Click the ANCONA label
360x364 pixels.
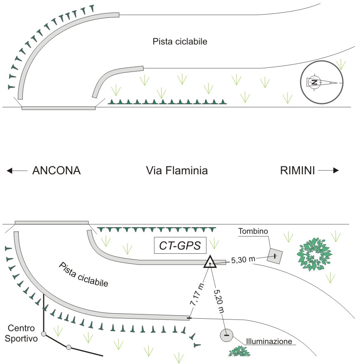(x=57, y=171)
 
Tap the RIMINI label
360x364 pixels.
(x=298, y=171)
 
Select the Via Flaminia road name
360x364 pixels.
(x=177, y=171)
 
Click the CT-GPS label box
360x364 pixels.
(x=180, y=245)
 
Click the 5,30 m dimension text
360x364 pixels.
(x=243, y=260)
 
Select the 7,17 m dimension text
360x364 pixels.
(x=197, y=294)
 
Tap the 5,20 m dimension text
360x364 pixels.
(x=219, y=301)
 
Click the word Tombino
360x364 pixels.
(x=253, y=231)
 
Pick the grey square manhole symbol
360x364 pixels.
(x=275, y=256)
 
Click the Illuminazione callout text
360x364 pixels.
(x=269, y=341)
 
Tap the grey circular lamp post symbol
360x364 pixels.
(x=227, y=335)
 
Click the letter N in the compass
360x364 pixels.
(x=315, y=82)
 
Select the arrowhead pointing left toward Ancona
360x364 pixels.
(x=9, y=171)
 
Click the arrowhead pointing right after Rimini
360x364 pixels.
(x=336, y=171)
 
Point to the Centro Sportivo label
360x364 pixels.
(x=21, y=333)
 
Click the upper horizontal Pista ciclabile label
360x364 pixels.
(x=180, y=42)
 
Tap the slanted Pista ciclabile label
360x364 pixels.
(x=84, y=275)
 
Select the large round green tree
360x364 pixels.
(x=314, y=254)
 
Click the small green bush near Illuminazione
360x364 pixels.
(x=239, y=351)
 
